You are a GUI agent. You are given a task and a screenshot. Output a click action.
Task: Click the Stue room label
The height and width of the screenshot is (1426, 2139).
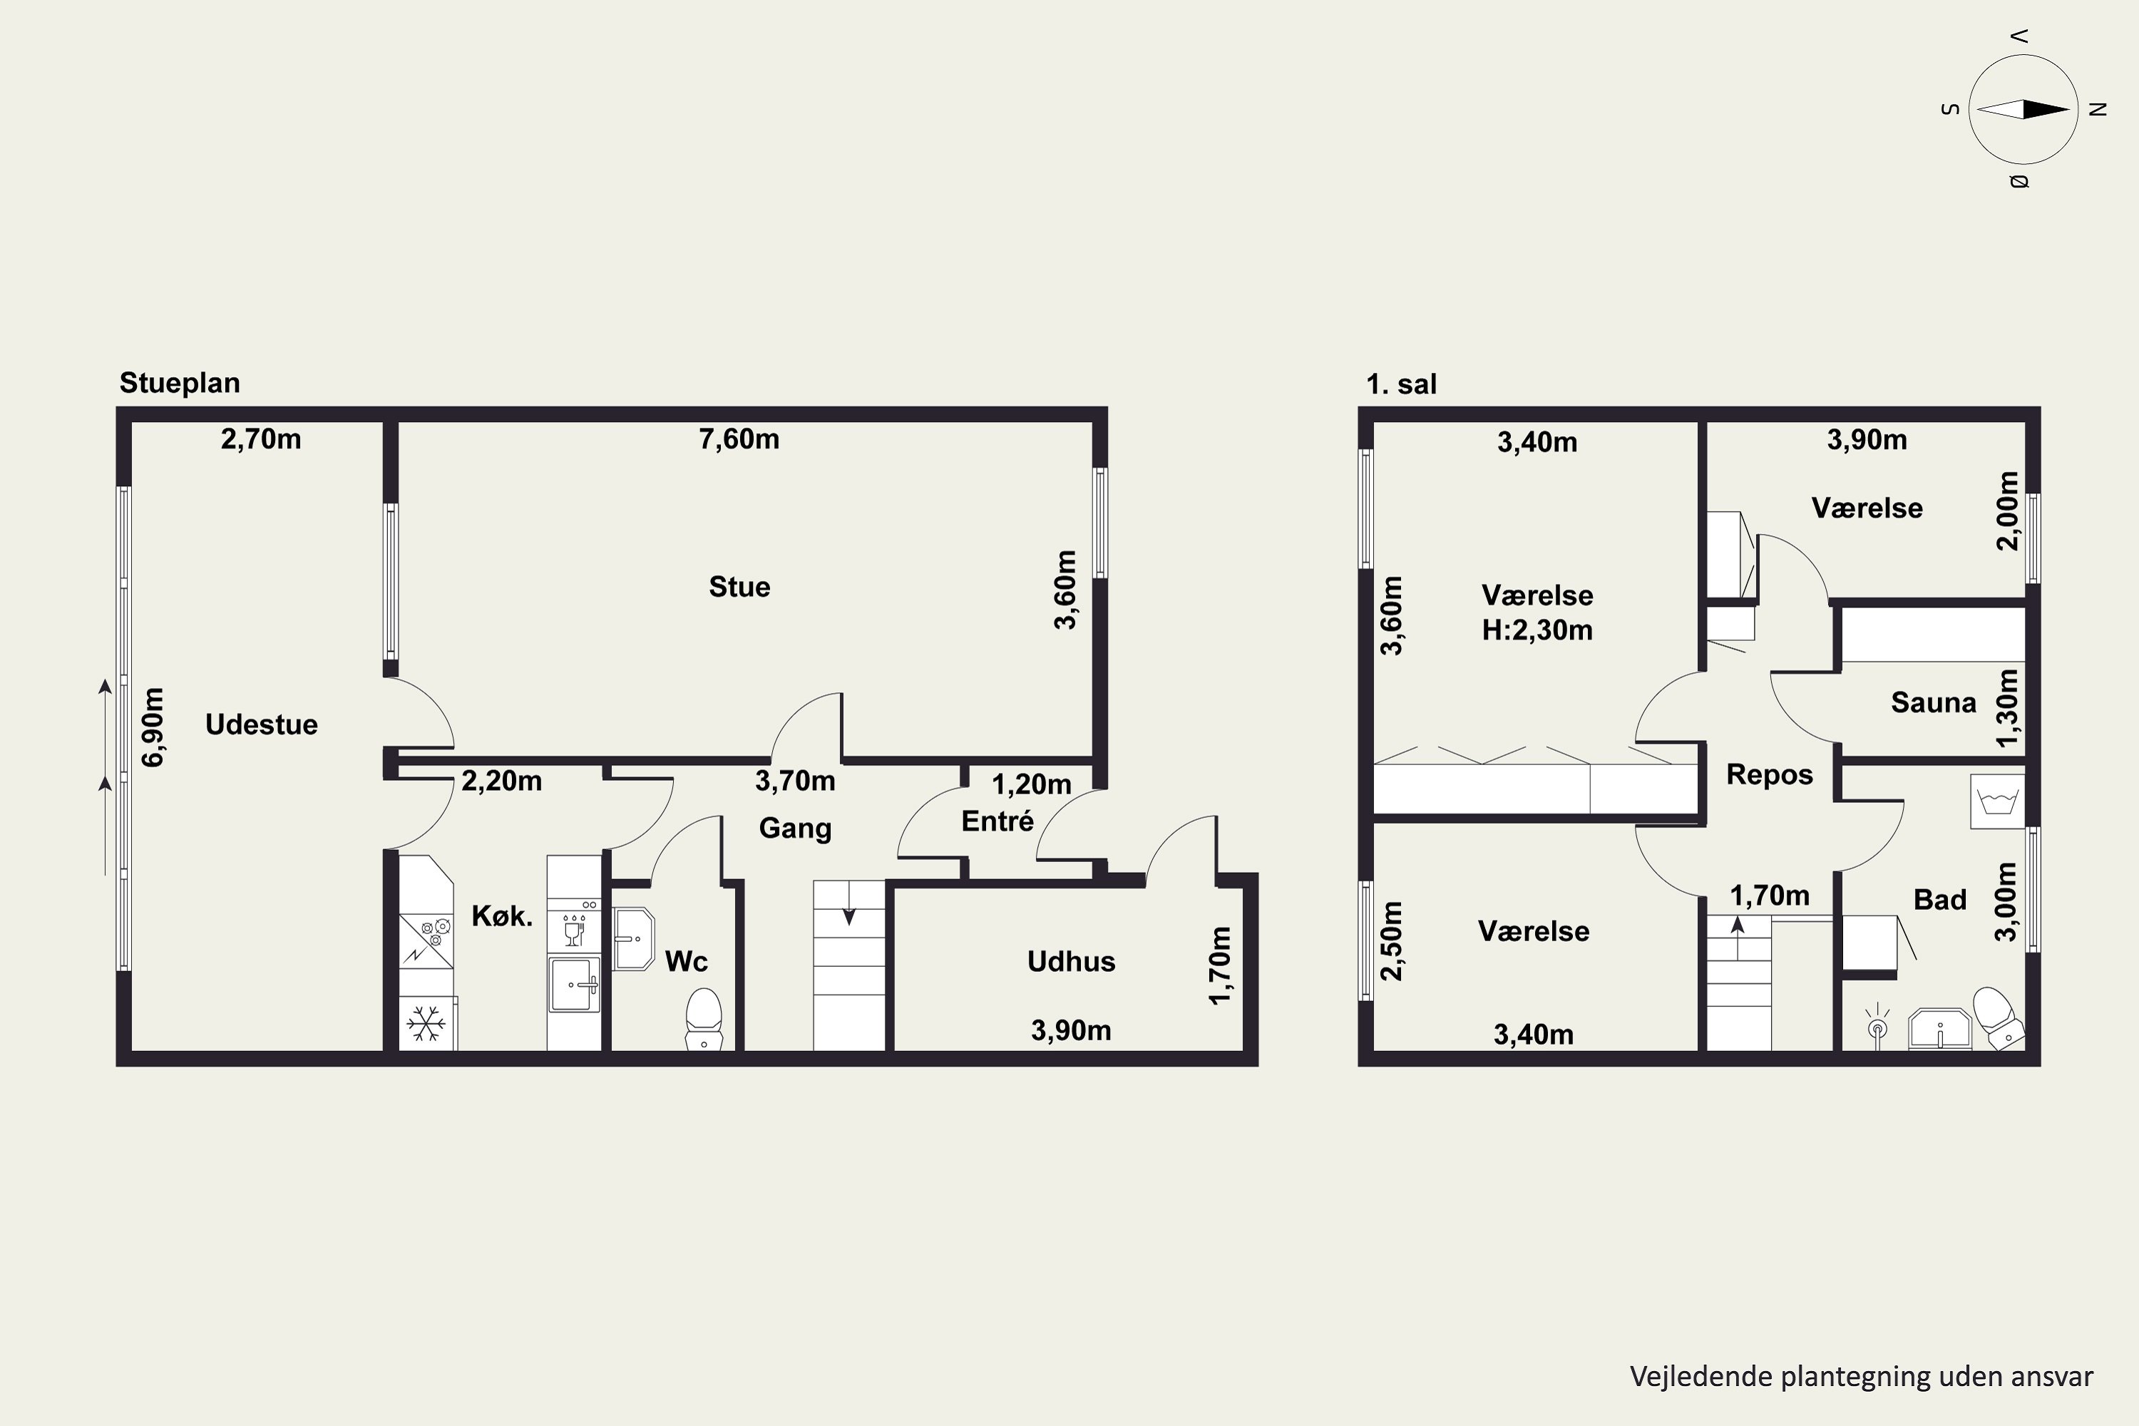[739, 587]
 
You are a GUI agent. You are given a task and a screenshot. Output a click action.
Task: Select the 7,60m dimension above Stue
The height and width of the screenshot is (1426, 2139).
[739, 439]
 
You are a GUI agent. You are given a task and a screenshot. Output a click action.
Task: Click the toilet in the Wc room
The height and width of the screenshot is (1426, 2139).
[704, 1020]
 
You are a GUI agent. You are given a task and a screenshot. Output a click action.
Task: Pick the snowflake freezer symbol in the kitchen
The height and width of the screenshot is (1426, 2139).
[426, 1023]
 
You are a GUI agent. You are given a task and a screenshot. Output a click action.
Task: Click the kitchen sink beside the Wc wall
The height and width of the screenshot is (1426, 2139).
[574, 983]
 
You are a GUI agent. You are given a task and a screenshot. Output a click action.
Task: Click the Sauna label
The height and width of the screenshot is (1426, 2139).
[1934, 702]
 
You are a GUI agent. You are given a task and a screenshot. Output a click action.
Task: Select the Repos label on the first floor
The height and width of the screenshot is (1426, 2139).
[1770, 775]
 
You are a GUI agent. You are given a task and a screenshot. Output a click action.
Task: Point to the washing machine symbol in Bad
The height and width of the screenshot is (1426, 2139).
[1997, 801]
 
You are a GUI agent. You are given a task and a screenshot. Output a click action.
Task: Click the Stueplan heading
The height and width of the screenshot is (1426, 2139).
[180, 383]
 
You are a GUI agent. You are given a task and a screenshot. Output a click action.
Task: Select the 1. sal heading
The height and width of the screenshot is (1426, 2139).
[1402, 384]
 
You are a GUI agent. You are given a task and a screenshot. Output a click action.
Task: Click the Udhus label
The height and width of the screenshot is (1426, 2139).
[1072, 961]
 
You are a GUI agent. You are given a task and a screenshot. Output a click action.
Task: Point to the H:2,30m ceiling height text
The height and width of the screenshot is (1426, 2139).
[1537, 630]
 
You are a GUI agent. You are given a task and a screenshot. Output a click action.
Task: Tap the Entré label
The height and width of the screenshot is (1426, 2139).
[997, 821]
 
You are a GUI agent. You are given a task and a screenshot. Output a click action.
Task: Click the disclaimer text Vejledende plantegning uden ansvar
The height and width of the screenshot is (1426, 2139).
[1861, 1376]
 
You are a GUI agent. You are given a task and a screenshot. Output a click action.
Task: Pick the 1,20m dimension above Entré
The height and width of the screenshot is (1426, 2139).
[1031, 784]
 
